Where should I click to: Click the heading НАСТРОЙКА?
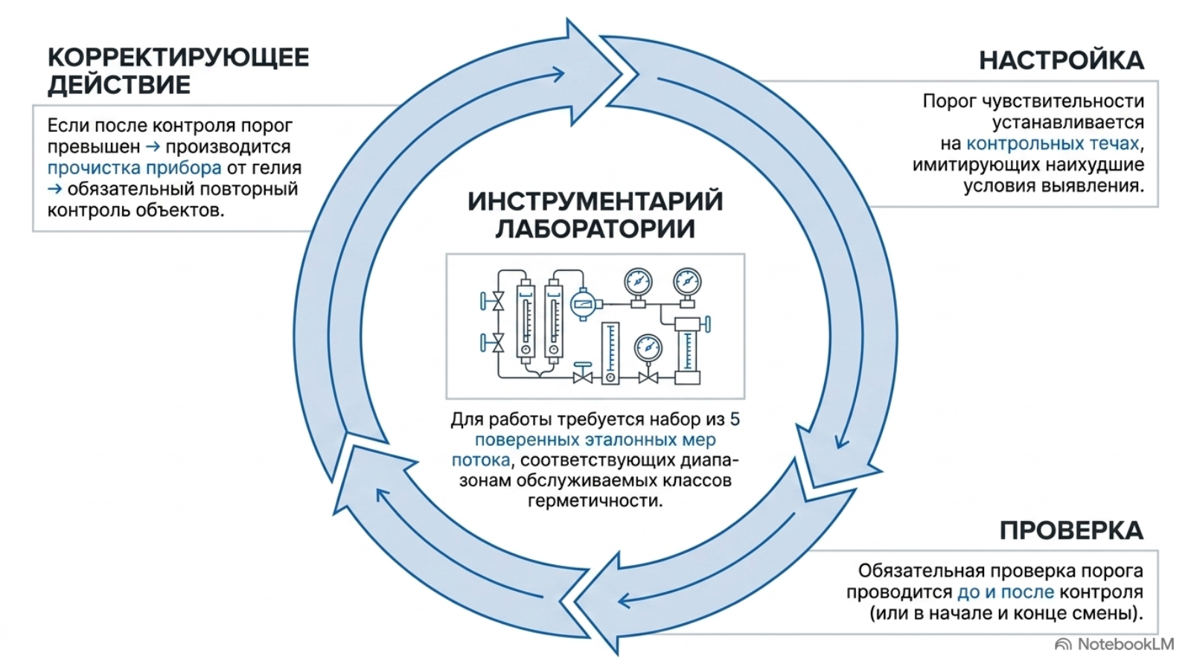click(1061, 60)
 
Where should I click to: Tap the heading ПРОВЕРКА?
click(1071, 530)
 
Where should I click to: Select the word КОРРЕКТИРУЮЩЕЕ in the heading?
click(178, 57)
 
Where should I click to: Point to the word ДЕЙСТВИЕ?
click(119, 85)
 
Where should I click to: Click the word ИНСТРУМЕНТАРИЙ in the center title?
click(595, 202)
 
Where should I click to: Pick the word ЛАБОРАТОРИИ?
click(595, 229)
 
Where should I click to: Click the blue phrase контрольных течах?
click(1053, 144)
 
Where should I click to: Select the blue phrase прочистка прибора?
click(135, 168)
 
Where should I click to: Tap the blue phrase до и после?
click(1006, 592)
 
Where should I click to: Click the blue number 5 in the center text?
click(735, 420)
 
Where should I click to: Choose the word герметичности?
click(595, 501)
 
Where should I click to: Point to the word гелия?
click(276, 168)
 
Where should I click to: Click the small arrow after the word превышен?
click(153, 147)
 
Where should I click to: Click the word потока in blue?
click(481, 460)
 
